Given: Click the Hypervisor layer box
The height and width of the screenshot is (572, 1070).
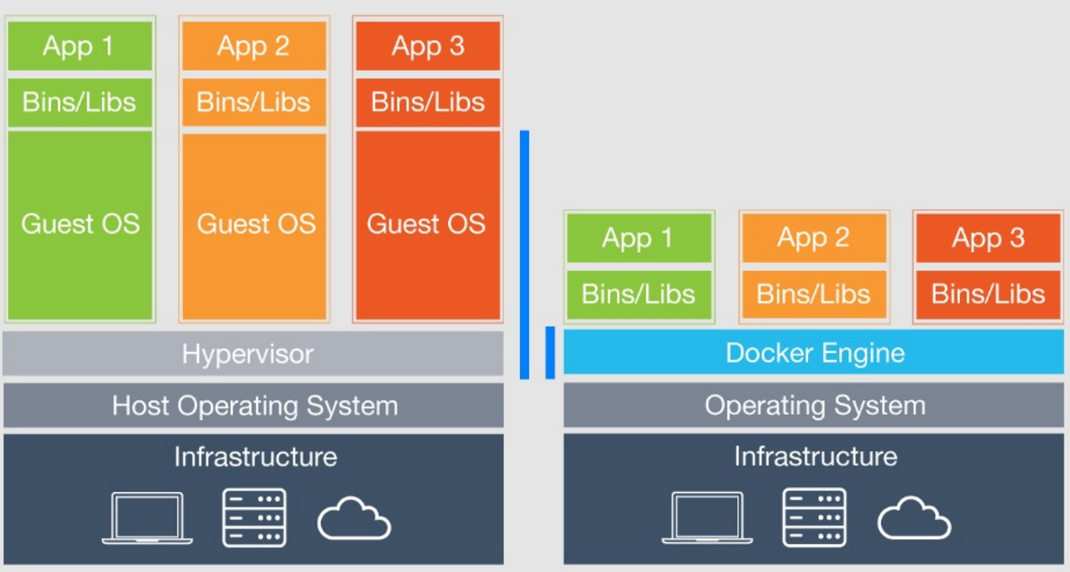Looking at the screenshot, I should click(253, 353).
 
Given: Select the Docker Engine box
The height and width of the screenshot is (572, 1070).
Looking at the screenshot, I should click(814, 352).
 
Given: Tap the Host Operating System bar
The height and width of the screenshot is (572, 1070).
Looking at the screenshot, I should click(253, 406).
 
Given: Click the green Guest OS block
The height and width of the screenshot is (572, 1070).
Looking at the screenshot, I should click(80, 225).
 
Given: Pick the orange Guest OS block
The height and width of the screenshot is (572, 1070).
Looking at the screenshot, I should click(255, 225).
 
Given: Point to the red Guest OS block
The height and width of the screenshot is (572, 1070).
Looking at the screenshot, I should click(427, 225).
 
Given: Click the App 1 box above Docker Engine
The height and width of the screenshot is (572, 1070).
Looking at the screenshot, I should click(639, 239).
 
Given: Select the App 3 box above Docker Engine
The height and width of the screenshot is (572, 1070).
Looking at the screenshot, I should click(988, 239).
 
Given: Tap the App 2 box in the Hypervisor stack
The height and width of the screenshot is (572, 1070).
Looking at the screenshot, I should click(255, 46).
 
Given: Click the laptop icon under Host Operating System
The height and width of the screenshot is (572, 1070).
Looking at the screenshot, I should click(147, 517).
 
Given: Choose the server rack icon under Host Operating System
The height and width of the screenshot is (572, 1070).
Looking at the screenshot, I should click(255, 517).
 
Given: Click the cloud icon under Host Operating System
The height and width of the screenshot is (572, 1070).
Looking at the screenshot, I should click(354, 519).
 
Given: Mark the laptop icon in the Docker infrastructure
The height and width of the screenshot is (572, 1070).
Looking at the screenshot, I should click(707, 517).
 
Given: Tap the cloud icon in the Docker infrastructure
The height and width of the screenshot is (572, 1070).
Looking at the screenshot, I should click(914, 519).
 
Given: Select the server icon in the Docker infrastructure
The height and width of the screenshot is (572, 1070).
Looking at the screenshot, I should click(815, 517).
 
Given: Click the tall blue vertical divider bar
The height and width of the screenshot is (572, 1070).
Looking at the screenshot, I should click(525, 255).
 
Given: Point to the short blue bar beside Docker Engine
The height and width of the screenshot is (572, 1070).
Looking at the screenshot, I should click(550, 352).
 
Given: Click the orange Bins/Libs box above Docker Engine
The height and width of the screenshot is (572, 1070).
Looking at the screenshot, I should click(814, 294).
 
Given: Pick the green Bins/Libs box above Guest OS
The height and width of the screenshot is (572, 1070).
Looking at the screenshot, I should click(80, 102).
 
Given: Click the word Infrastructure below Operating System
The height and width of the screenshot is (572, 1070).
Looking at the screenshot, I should click(815, 456).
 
